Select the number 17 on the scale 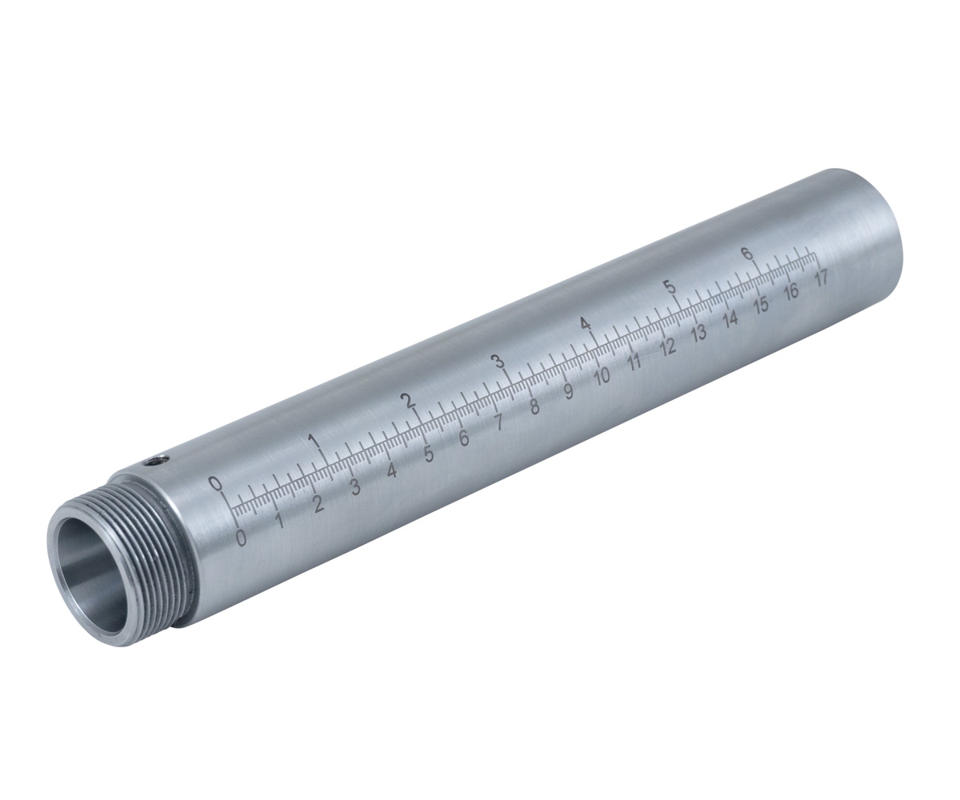820,278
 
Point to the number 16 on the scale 791,291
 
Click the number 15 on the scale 762,304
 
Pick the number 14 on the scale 730,318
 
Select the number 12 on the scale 667,346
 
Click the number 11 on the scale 635,362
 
